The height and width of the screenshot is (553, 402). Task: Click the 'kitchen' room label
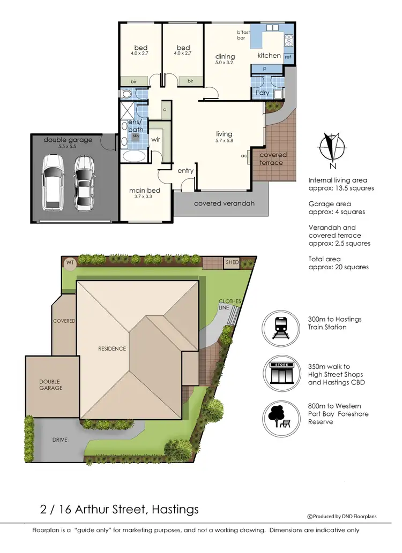tap(269, 56)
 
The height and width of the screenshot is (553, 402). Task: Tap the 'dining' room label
tap(225, 56)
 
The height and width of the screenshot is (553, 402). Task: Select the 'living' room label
tap(224, 134)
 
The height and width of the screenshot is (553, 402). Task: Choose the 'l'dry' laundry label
tap(262, 93)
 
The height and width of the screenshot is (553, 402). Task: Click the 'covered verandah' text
tap(224, 203)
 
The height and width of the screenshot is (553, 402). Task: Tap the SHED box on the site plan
tap(232, 263)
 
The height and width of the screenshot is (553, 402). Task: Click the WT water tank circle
tap(70, 263)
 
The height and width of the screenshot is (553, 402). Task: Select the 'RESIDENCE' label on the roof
tap(112, 349)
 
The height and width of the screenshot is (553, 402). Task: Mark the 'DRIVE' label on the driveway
tap(60, 439)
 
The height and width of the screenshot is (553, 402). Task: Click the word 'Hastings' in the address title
tap(173, 509)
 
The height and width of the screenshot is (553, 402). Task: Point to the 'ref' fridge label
tap(288, 57)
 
